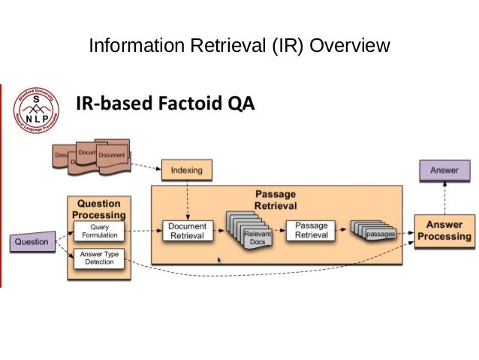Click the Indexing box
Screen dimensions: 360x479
[187, 170]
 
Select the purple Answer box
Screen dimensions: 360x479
[444, 171]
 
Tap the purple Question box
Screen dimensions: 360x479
[32, 242]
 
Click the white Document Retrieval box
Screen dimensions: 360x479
[187, 231]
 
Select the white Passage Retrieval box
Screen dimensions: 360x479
[310, 230]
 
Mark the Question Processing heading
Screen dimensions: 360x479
[98, 209]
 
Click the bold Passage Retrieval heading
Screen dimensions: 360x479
[275, 199]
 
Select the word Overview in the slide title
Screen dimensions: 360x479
[350, 47]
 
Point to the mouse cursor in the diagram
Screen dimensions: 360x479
[219, 260]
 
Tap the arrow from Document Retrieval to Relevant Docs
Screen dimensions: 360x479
[221, 231]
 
